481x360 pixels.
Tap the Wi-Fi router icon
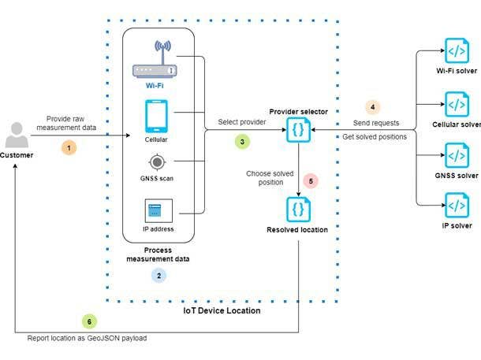click(155, 61)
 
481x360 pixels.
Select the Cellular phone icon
click(156, 117)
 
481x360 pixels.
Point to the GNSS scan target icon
click(156, 162)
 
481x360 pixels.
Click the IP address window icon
click(156, 211)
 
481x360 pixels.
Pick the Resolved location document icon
click(299, 208)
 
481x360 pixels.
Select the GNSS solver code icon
click(457, 154)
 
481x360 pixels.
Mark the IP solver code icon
click(457, 205)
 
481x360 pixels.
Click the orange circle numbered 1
click(69, 147)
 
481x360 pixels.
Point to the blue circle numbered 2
click(159, 276)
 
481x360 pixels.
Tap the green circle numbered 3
click(243, 142)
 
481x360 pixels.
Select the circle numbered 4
click(373, 106)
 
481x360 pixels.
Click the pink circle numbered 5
click(311, 180)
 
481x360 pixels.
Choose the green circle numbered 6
click(90, 321)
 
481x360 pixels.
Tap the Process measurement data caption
click(158, 254)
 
